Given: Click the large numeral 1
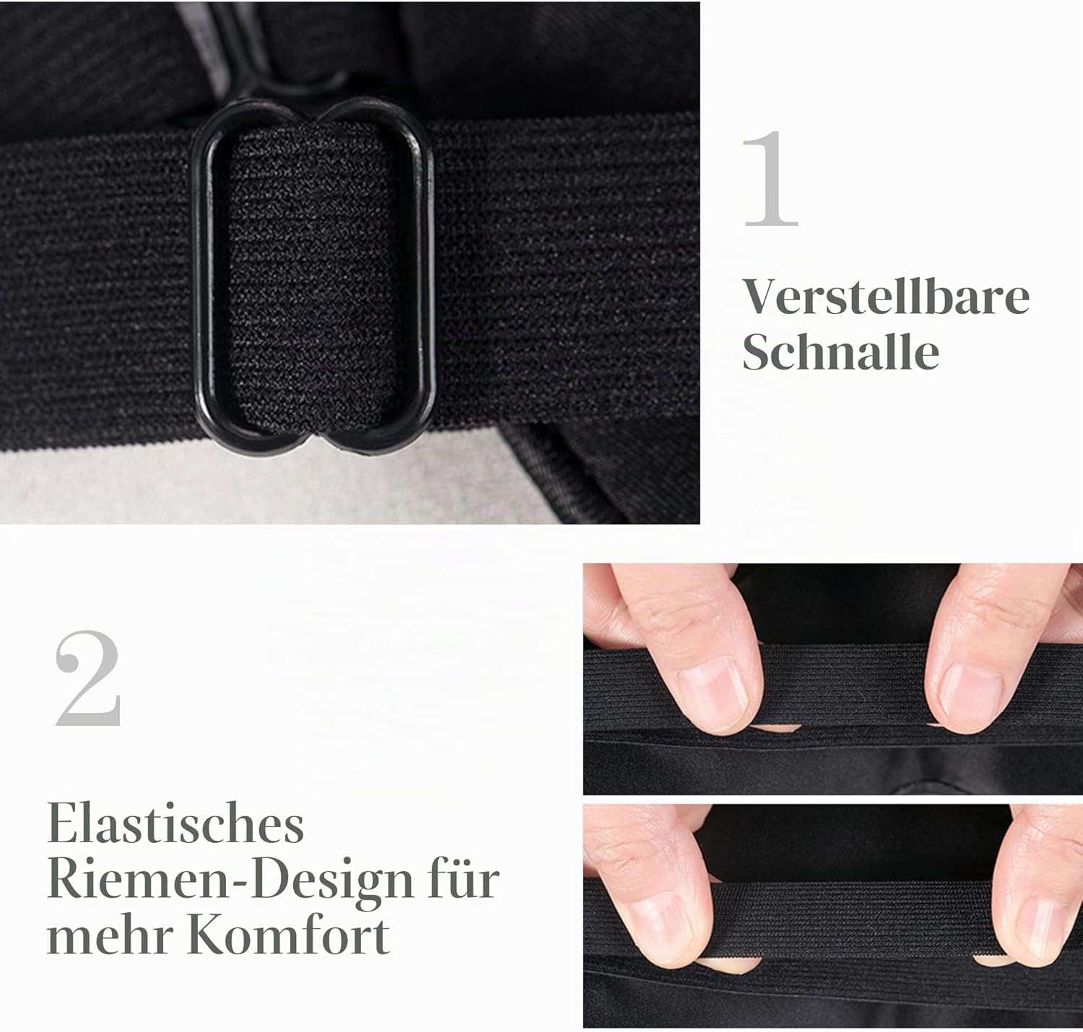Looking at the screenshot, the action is click(770, 179).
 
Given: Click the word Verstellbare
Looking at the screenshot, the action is click(886, 297).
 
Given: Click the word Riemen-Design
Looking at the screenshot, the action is click(230, 880).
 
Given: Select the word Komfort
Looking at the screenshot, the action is click(289, 933).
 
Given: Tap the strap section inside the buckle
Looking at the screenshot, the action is click(311, 276).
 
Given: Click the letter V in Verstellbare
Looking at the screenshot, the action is click(764, 297).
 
